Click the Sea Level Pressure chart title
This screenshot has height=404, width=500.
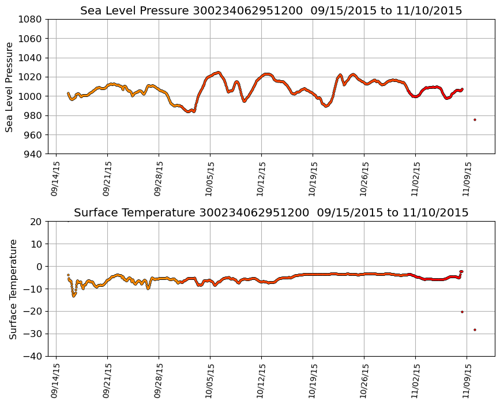tap(271, 11)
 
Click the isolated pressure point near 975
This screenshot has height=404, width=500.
tap(475, 119)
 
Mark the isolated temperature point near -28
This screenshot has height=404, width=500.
tap(475, 330)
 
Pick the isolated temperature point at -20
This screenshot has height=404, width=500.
tap(462, 312)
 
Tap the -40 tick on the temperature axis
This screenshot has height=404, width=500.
tap(33, 356)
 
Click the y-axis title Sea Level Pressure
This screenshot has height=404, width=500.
tap(10, 87)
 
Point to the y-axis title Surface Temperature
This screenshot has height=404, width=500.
tap(13, 289)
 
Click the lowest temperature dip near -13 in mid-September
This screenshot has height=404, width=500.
tap(74, 295)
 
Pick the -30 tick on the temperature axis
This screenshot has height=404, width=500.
tap(33, 334)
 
